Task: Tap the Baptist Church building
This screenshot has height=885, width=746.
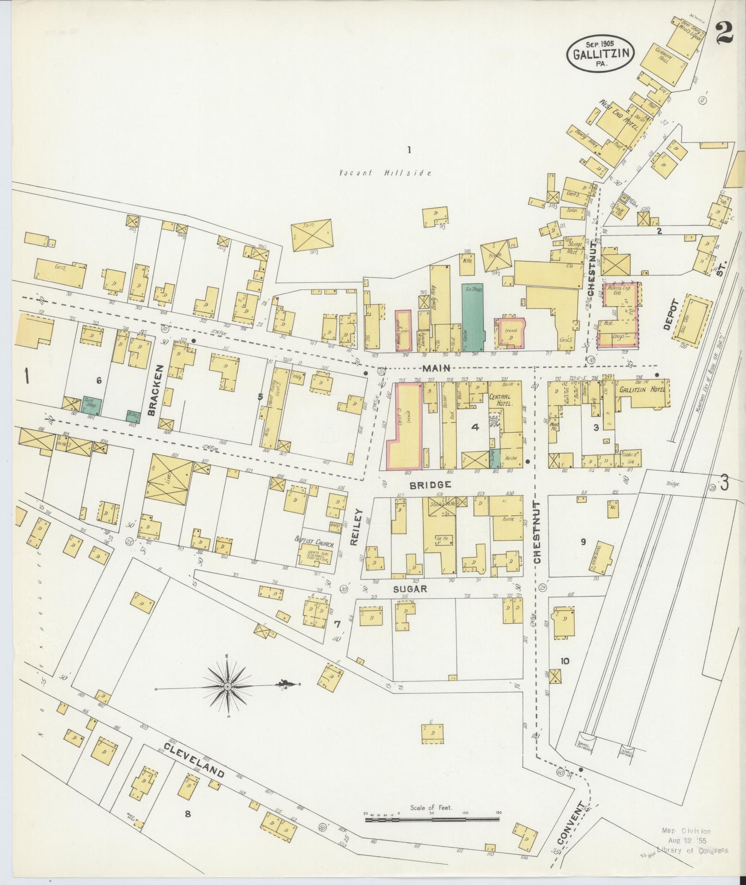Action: pyautogui.click(x=314, y=551)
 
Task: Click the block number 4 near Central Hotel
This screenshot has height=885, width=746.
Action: pyautogui.click(x=475, y=427)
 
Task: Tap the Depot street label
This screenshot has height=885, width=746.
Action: pyautogui.click(x=670, y=314)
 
